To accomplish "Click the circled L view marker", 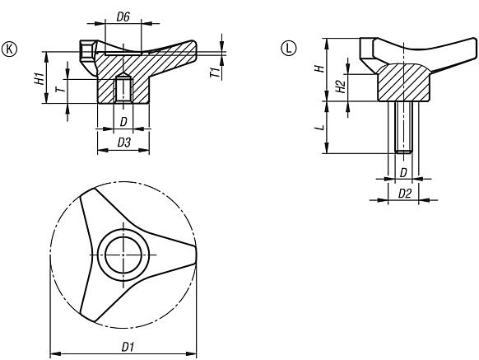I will (287, 48).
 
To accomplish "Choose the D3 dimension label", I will (123, 143).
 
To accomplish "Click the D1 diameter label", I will (128, 347).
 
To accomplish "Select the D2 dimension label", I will (404, 192).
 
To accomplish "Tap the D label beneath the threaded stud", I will (403, 171).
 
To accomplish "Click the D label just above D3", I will (123, 122).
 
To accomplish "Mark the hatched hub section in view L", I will (403, 81).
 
